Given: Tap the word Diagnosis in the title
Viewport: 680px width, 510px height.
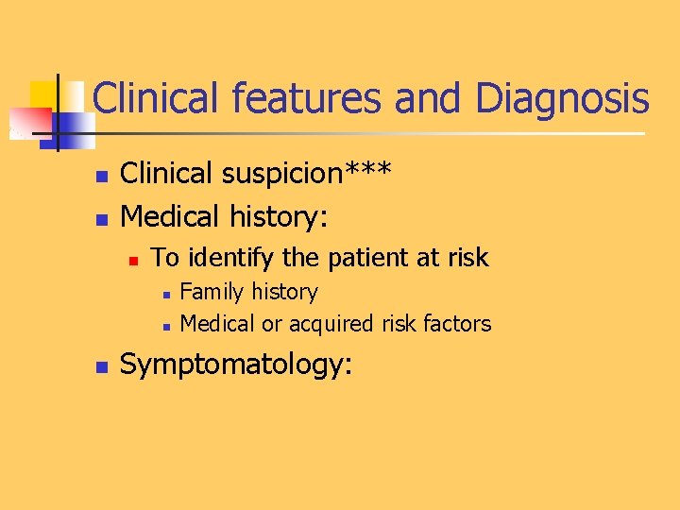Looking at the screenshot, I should click(563, 98).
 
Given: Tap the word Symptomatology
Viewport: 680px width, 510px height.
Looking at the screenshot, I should click(236, 365).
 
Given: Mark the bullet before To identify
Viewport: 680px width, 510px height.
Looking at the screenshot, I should click(134, 258).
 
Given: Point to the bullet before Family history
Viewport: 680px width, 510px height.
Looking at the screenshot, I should click(164, 294).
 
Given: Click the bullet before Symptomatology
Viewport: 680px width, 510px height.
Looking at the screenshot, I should click(104, 366).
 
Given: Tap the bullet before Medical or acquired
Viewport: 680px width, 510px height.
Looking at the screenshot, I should click(164, 326).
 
